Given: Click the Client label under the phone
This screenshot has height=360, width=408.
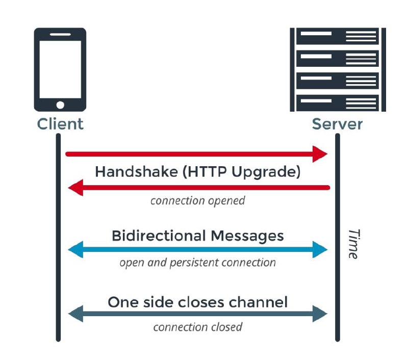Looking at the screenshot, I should click(60, 124).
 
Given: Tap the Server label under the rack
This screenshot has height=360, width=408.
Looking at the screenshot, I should click(337, 124).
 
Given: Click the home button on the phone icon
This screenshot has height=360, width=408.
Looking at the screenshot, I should click(60, 105).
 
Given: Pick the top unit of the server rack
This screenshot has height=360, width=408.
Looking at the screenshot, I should click(335, 37).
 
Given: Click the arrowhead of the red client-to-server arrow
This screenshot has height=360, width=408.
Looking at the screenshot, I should click(320, 153).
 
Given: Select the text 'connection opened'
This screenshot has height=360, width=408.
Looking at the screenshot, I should click(197, 200).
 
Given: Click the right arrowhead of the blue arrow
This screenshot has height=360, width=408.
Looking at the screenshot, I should click(320, 249).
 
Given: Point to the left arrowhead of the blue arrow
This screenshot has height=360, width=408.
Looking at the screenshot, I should click(75, 249).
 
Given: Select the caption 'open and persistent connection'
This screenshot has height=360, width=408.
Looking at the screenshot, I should click(197, 263).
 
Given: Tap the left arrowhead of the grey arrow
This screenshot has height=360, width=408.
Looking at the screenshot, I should click(75, 314).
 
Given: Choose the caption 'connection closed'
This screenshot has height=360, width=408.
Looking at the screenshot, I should click(197, 326).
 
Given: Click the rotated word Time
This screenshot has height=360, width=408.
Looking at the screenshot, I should click(351, 243).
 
